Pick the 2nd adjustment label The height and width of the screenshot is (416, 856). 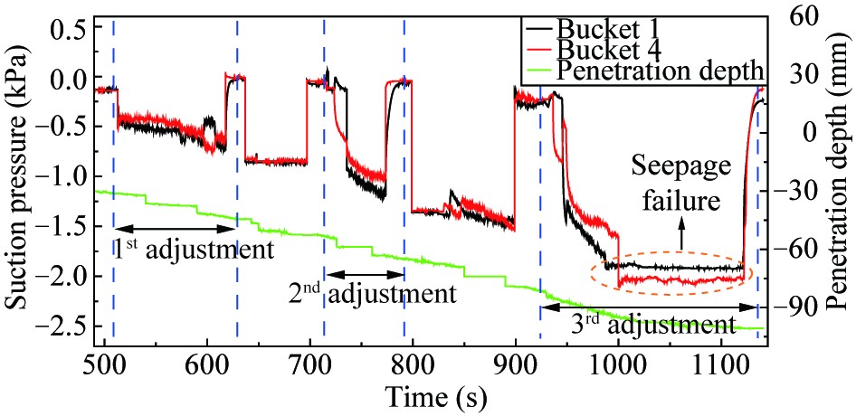(371, 295)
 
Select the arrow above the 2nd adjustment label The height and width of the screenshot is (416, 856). (365, 273)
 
